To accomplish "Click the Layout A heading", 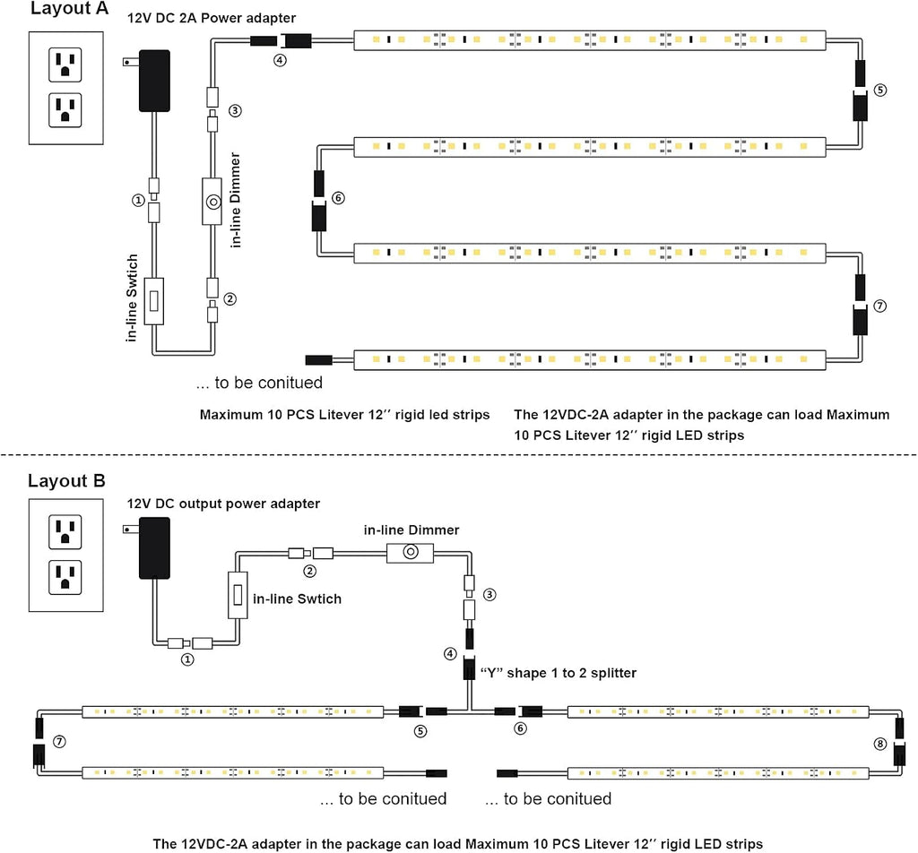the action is pyautogui.click(x=69, y=8).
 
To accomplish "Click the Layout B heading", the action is pyautogui.click(x=66, y=481).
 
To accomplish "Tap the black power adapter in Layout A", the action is pyautogui.click(x=154, y=81).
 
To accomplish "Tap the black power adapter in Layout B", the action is pyautogui.click(x=154, y=548).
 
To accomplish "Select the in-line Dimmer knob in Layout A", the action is pyautogui.click(x=213, y=202).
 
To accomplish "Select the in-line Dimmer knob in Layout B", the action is pyautogui.click(x=411, y=552).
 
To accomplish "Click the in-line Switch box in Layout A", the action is pyautogui.click(x=154, y=301).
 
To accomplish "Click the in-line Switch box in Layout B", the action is pyautogui.click(x=238, y=595).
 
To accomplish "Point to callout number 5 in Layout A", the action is pyautogui.click(x=880, y=90).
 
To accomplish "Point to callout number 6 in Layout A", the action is pyautogui.click(x=338, y=198).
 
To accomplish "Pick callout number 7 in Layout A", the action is pyautogui.click(x=880, y=306).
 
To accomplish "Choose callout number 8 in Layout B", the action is pyautogui.click(x=880, y=744).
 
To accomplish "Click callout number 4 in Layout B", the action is pyautogui.click(x=450, y=653).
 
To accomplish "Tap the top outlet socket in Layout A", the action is pyautogui.click(x=65, y=65).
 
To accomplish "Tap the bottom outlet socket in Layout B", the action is pyautogui.click(x=65, y=577).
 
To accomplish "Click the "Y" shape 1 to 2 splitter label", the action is pyautogui.click(x=558, y=673).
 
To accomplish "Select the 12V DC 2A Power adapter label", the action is pyautogui.click(x=212, y=18).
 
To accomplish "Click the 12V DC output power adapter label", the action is pyautogui.click(x=223, y=504).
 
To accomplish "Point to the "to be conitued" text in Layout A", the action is pyautogui.click(x=259, y=383).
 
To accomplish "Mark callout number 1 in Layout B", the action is pyautogui.click(x=187, y=660).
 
